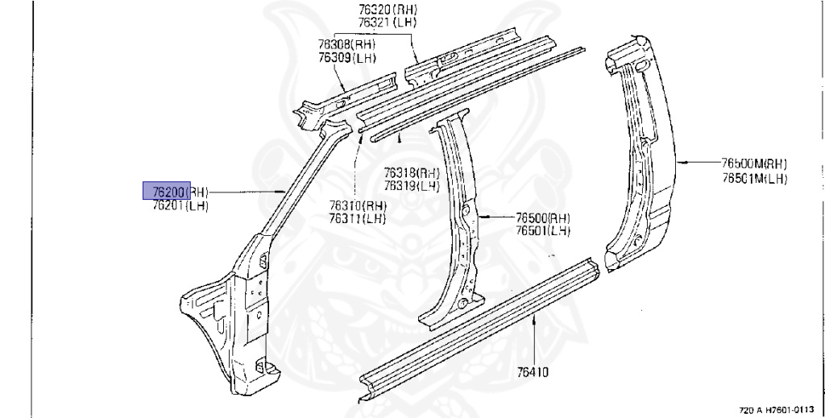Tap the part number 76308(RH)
[x=346, y=46]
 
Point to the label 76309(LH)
[x=346, y=58]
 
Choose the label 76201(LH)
[x=180, y=206]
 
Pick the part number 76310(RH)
[x=357, y=205]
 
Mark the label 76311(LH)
[x=357, y=218]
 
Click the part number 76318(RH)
[x=411, y=173]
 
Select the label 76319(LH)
[x=411, y=186]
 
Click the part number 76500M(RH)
[x=754, y=163]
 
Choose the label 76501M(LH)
[x=754, y=178]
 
